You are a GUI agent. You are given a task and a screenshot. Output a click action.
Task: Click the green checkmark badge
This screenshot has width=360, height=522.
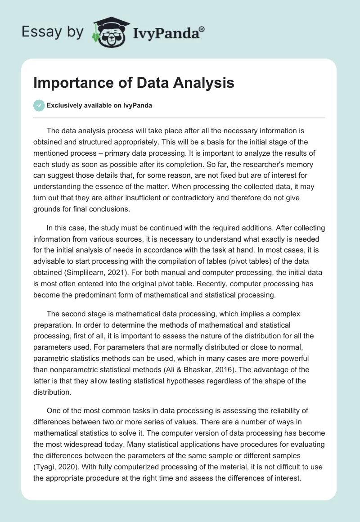coord(39,106)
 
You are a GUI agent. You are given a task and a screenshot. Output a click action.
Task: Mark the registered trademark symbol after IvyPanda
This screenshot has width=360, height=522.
coord(202,29)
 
